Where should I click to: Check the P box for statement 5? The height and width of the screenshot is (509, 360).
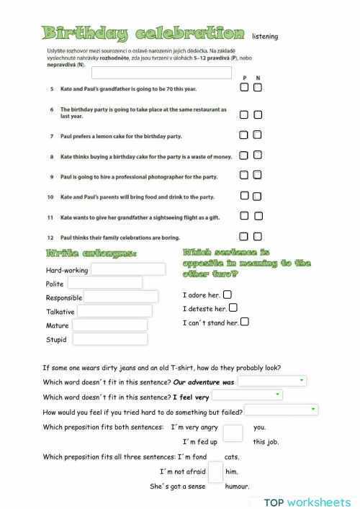coord(245,87)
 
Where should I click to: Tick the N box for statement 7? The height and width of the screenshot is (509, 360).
coord(258,135)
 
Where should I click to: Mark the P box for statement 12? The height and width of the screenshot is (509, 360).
coord(245,236)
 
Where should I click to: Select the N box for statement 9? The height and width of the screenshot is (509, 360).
coord(258,175)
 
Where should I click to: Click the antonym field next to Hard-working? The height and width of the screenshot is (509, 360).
coord(127,269)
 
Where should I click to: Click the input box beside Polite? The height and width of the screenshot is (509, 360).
coord(105,283)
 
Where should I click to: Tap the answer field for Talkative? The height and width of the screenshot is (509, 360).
coord(114,311)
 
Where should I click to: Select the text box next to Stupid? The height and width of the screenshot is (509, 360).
coord(109,338)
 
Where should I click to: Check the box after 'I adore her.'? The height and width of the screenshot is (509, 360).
coord(228,294)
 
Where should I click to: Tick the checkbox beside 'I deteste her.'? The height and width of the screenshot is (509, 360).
coord(233,308)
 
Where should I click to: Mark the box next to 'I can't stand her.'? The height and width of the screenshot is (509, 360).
coord(245,322)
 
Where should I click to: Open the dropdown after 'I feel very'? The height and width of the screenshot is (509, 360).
coord(247,395)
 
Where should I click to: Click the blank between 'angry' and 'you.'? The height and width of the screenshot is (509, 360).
coord(233,433)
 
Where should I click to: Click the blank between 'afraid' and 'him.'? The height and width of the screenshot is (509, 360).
coord(215,472)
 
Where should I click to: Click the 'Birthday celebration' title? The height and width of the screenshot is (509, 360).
coord(143,33)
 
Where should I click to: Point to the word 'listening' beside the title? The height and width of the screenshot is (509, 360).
coord(265,36)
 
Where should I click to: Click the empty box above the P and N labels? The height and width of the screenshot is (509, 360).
coord(161,72)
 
